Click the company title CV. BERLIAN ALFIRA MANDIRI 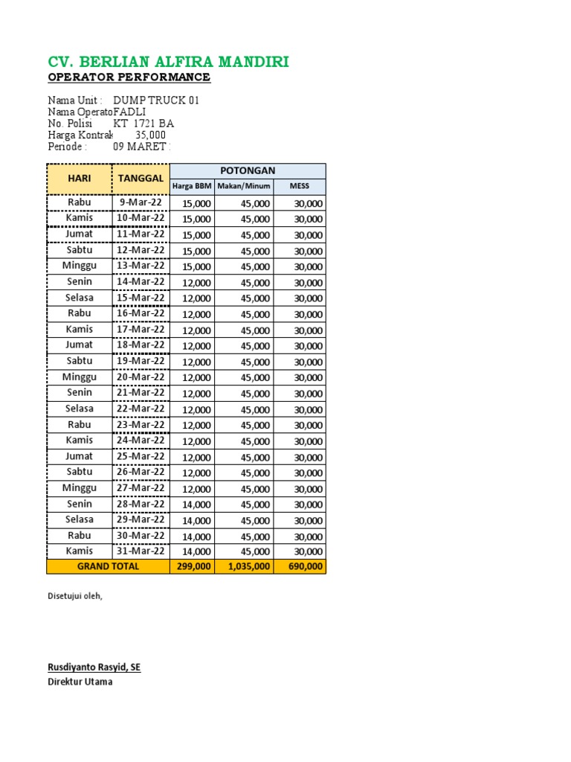(x=168, y=62)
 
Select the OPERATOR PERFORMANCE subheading (x=129, y=77)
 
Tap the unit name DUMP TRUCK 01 (x=155, y=100)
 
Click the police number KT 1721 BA (x=143, y=124)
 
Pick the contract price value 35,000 (x=150, y=135)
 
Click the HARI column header (x=80, y=179)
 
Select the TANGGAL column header (x=140, y=179)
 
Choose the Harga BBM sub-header (x=192, y=186)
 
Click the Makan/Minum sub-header (x=244, y=186)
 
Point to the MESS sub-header (x=299, y=186)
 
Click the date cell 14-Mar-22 (x=140, y=282)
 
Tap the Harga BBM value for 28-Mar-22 (x=197, y=505)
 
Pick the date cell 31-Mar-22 (x=140, y=551)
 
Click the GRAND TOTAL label (x=108, y=566)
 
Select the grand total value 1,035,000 (x=245, y=567)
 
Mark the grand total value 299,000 (x=193, y=567)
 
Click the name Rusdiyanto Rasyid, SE (x=94, y=667)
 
